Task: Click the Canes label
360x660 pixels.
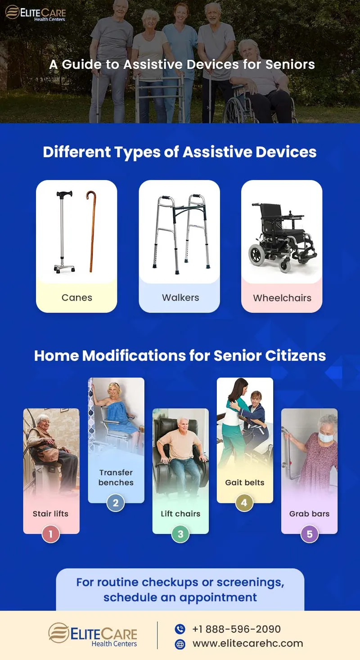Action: pyautogui.click(x=77, y=298)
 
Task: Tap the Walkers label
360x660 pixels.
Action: pyautogui.click(x=180, y=298)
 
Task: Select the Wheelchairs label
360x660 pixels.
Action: pyautogui.click(x=282, y=298)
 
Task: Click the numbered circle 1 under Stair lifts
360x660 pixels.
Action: pyautogui.click(x=51, y=534)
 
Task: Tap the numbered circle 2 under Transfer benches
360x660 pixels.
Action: pyautogui.click(x=116, y=503)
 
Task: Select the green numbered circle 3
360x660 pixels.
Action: pyautogui.click(x=180, y=534)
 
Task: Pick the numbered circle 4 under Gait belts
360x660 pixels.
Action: pyautogui.click(x=244, y=503)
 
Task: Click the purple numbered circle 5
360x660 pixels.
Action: pyautogui.click(x=310, y=534)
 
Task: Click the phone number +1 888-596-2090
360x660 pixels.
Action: pyautogui.click(x=236, y=629)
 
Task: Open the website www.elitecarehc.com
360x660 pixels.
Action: pyautogui.click(x=247, y=643)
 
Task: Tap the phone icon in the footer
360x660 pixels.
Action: pyautogui.click(x=180, y=629)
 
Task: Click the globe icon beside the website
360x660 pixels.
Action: pyautogui.click(x=180, y=644)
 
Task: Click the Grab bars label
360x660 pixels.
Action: pyautogui.click(x=310, y=514)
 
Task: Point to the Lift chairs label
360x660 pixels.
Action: pyautogui.click(x=180, y=514)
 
